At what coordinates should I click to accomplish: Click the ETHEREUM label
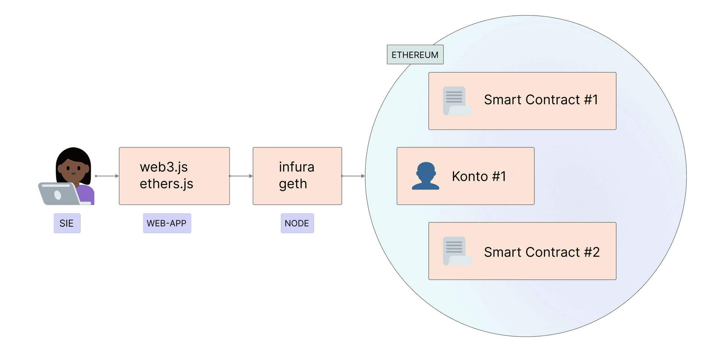(x=415, y=55)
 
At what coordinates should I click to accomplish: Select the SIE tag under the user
(x=67, y=223)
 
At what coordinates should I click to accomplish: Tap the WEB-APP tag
(x=166, y=223)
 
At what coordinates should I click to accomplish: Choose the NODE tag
(x=297, y=223)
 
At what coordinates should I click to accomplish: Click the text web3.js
(x=163, y=167)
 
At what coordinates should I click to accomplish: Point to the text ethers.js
(x=166, y=184)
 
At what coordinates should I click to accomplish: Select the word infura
(x=296, y=167)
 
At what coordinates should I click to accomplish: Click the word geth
(x=293, y=184)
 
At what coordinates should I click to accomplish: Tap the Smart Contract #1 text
(x=541, y=100)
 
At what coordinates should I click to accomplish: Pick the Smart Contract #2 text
(x=541, y=252)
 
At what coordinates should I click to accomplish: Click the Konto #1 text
(x=479, y=176)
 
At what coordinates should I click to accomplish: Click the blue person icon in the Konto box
(x=426, y=176)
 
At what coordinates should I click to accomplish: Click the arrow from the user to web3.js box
(x=107, y=176)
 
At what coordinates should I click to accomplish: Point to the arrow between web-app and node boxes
(x=241, y=176)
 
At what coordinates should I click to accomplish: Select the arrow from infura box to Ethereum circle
(x=353, y=176)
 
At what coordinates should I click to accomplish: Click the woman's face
(x=73, y=169)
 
